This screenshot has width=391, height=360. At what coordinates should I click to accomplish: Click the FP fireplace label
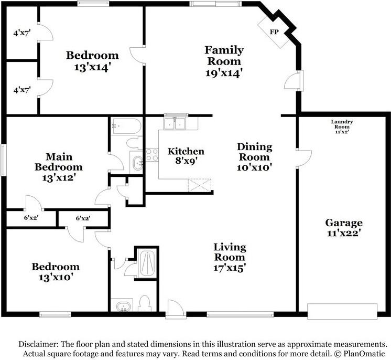tap(274, 32)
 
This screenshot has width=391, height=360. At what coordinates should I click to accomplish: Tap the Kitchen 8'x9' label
tap(186, 156)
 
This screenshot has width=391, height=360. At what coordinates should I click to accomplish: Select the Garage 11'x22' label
tap(344, 228)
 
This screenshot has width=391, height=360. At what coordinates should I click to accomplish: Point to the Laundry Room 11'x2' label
tap(342, 126)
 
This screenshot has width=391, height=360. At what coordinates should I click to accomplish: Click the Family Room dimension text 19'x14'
tap(224, 73)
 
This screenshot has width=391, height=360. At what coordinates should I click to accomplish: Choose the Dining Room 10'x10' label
tap(254, 157)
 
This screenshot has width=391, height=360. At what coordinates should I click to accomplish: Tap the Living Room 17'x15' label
tap(230, 257)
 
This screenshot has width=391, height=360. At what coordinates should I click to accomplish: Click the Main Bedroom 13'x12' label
tap(59, 167)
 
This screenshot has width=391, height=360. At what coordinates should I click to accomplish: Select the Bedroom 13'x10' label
tap(56, 272)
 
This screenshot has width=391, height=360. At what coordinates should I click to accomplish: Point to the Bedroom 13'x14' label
tap(92, 61)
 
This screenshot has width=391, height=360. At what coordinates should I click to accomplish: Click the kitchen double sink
tap(175, 123)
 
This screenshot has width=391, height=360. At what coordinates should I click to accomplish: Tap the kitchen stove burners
tap(152, 155)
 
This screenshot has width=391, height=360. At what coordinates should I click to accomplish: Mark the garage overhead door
tap(342, 311)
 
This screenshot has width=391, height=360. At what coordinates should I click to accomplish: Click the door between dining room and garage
tap(303, 159)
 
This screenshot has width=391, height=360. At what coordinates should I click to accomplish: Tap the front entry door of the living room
tap(176, 309)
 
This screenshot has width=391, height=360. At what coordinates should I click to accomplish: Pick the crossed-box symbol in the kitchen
tap(200, 185)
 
